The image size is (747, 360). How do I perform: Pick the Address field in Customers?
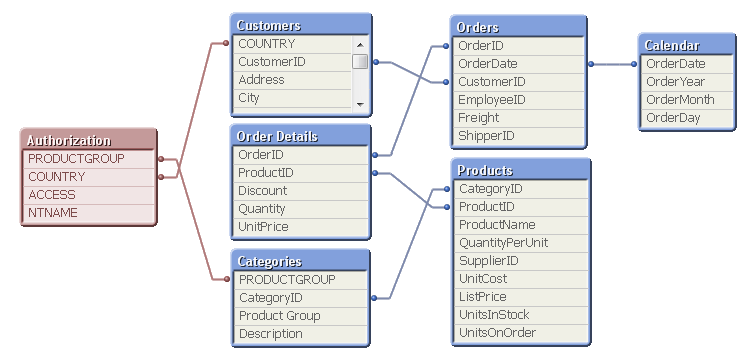(x=291, y=80)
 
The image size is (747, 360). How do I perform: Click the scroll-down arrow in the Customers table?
(x=360, y=103)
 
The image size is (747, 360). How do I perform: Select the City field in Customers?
(x=291, y=98)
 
